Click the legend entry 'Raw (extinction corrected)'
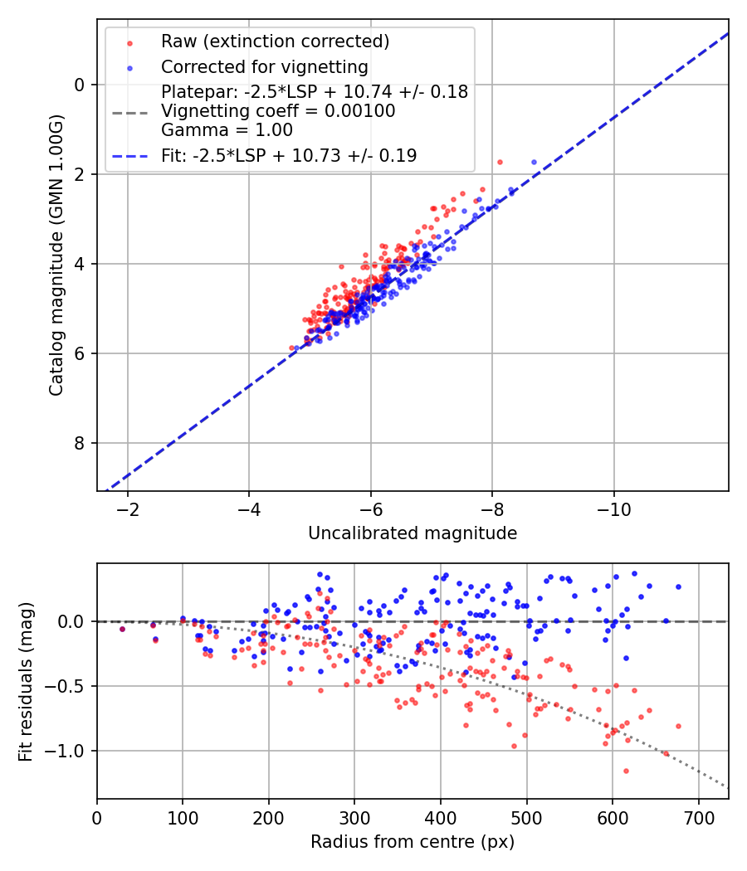pyautogui.click(x=275, y=41)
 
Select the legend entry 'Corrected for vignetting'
pyautogui.click(x=264, y=66)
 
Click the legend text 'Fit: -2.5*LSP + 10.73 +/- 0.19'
pyautogui.click(x=289, y=155)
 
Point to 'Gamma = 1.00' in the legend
pyautogui.click(x=227, y=129)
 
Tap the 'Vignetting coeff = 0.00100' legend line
pyautogui.click(x=278, y=110)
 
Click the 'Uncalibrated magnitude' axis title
pyautogui.click(x=413, y=533)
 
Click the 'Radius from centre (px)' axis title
pyautogui.click(x=413, y=842)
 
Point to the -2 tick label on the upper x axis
pyautogui.click(x=127, y=508)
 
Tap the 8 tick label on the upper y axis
pyautogui.click(x=80, y=443)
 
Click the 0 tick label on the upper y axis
pyautogui.click(x=80, y=85)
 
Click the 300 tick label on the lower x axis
pyautogui.click(x=354, y=817)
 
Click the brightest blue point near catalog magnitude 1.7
pyautogui.click(x=534, y=163)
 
